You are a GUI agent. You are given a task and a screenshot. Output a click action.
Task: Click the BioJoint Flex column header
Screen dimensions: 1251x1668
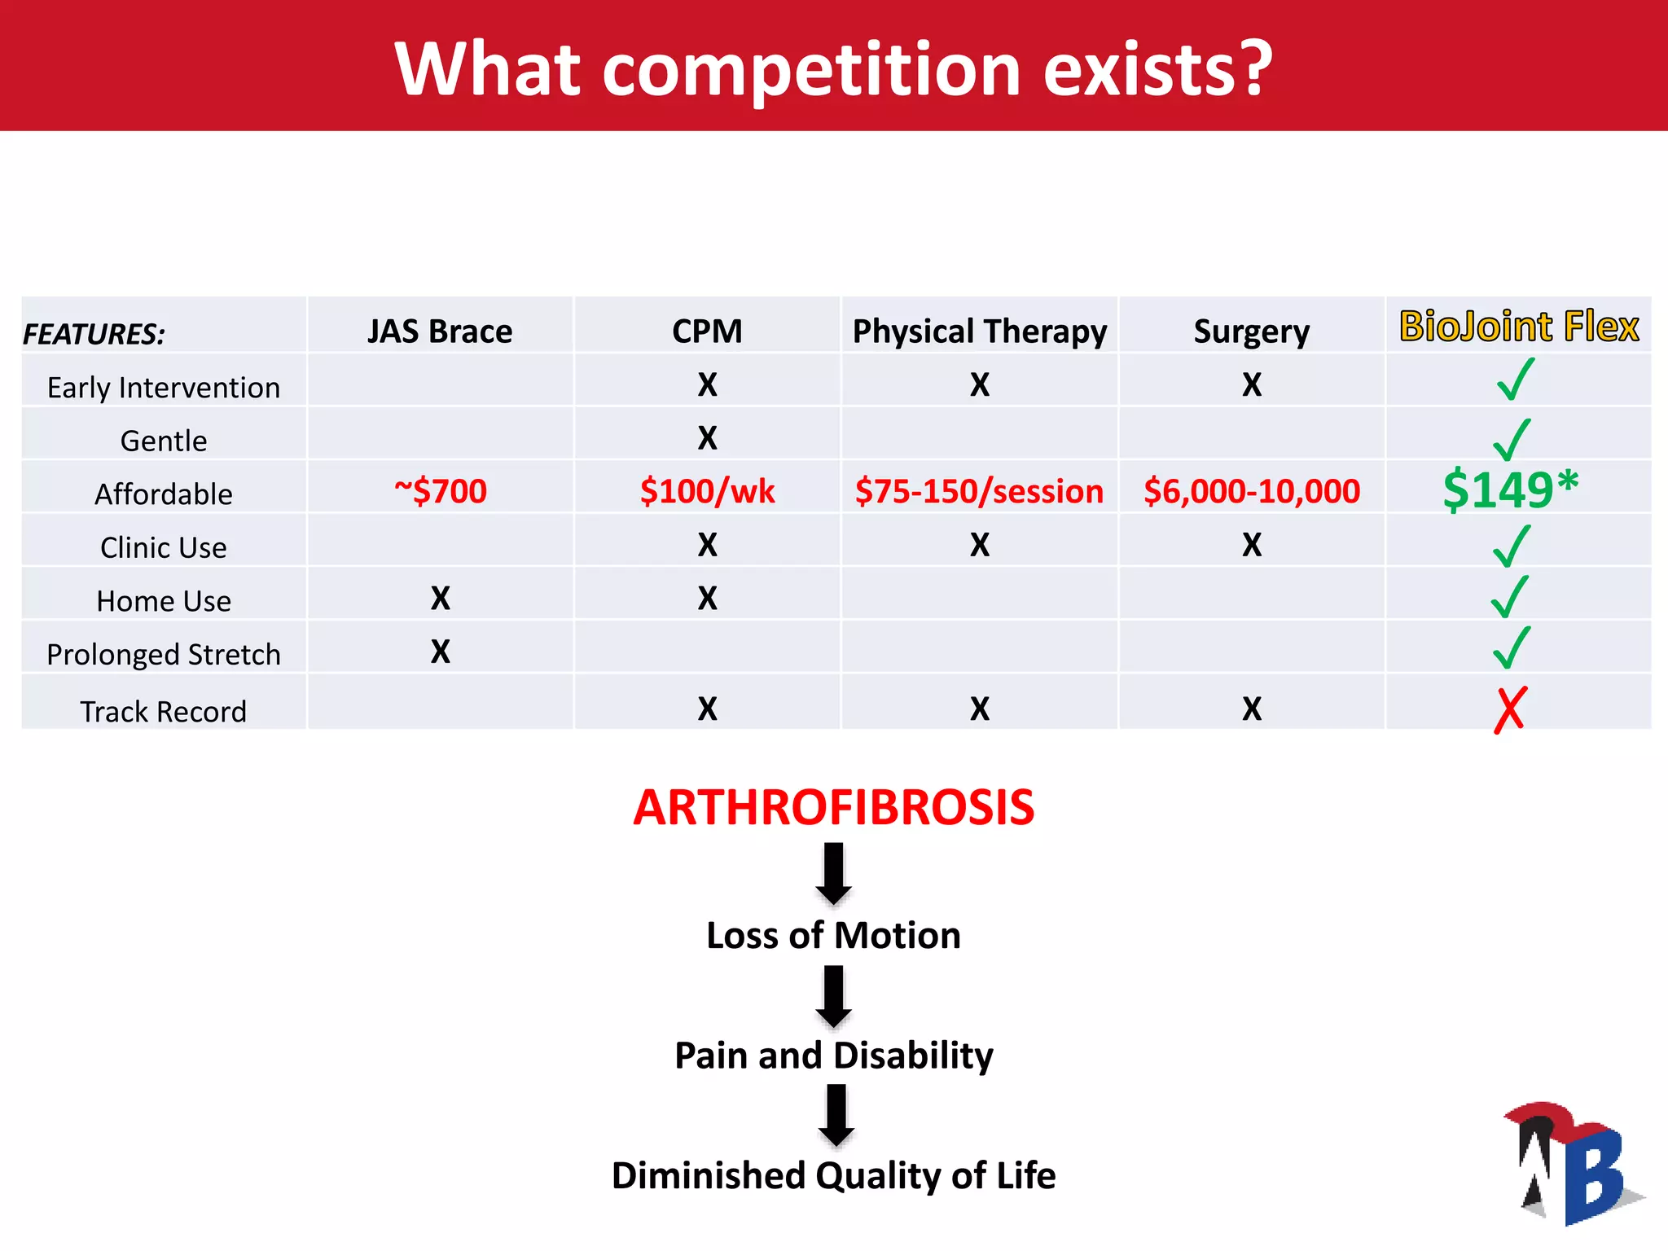(1518, 327)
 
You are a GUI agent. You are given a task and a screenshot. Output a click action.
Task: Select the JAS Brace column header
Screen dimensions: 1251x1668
(440, 331)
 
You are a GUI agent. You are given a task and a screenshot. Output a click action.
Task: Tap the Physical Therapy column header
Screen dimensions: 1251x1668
(979, 331)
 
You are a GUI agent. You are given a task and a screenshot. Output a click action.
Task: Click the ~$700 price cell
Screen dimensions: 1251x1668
(440, 491)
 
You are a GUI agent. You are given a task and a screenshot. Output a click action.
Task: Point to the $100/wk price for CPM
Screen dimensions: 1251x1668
(707, 491)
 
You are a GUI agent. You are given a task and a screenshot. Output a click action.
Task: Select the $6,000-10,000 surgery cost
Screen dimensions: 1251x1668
(1252, 491)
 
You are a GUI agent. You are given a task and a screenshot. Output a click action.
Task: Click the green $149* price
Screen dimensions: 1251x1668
(1509, 489)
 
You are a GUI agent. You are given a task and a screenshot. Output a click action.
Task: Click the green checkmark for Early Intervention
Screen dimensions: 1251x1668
(1515, 380)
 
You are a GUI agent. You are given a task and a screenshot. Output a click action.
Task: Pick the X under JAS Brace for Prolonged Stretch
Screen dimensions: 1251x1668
(440, 652)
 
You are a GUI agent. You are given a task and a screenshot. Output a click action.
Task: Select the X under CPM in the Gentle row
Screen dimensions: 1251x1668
(707, 438)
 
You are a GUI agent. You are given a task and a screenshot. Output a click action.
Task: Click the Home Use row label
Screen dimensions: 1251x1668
(164, 601)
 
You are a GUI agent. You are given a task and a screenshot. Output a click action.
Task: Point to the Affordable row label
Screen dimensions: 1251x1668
(164, 494)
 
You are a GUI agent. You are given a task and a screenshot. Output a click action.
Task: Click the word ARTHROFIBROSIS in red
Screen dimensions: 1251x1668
(833, 808)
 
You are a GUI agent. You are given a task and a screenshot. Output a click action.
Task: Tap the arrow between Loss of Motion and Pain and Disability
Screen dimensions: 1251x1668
(834, 996)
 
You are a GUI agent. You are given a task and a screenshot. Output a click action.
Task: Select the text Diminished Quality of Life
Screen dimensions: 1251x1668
(833, 1175)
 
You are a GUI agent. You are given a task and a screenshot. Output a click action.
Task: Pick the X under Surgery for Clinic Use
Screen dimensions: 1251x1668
(1252, 545)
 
